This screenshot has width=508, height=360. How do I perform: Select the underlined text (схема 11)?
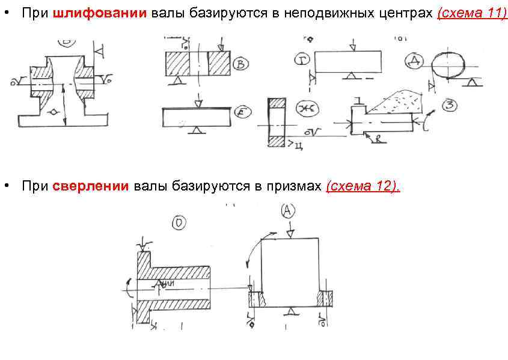pos(472,14)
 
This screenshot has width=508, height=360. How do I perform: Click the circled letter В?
pos(240,63)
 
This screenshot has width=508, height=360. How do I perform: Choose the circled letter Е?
pos(240,114)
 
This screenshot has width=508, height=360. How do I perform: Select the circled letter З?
pos(450,106)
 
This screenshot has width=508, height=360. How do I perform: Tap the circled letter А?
pos(287,210)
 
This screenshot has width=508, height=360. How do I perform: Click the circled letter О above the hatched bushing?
pos(179,224)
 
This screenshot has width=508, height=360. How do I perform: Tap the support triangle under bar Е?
pos(195,130)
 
